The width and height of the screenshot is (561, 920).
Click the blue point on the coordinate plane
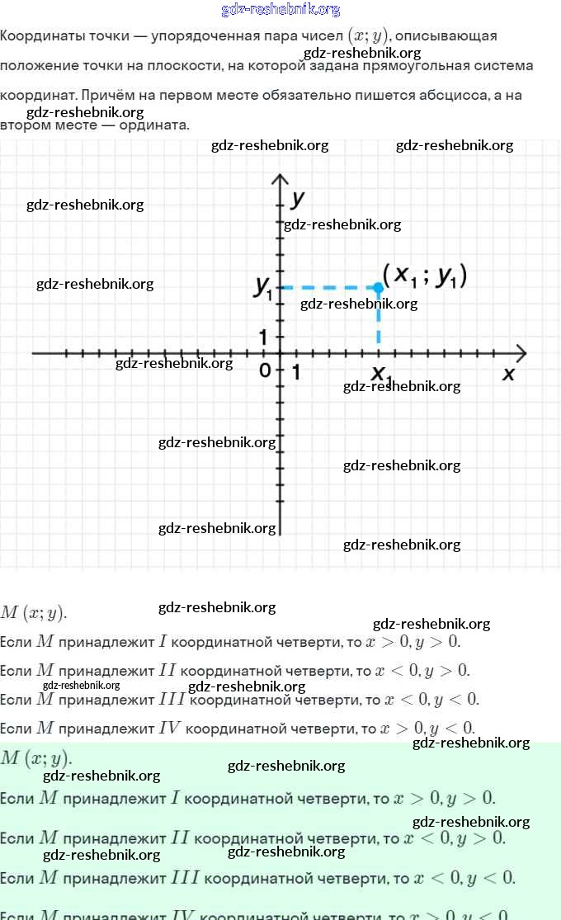tap(378, 287)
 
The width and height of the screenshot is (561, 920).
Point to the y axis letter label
tap(299, 199)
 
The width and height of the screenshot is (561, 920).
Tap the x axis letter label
tap(508, 374)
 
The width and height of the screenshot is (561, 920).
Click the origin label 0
tap(265, 370)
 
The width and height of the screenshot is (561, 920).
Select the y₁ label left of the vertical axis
tap(264, 286)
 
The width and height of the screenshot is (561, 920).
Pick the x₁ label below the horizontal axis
tap(380, 375)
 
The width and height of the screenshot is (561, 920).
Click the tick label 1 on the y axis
tap(264, 337)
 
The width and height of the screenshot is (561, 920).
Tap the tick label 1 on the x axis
tap(295, 372)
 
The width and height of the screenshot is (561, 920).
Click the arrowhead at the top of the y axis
tap(280, 180)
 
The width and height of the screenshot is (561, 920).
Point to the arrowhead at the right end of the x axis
tap(520, 353)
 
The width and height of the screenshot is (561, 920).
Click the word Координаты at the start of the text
tap(40, 36)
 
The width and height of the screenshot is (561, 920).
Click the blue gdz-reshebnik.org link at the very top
tap(280, 10)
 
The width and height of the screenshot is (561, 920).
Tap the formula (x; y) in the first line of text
tap(369, 36)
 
